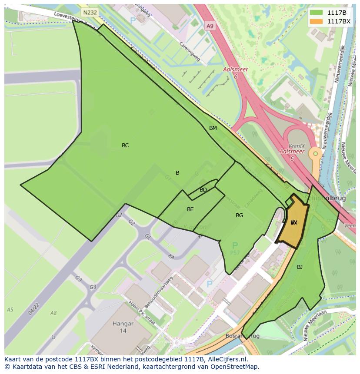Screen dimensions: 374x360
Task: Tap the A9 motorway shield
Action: pyautogui.click(x=210, y=26)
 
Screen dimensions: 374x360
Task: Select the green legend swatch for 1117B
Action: pyautogui.click(x=316, y=13)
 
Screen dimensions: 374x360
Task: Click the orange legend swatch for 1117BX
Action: pyautogui.click(x=316, y=21)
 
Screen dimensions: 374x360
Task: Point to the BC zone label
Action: pyautogui.click(x=125, y=146)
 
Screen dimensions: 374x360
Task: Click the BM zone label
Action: pyautogui.click(x=213, y=128)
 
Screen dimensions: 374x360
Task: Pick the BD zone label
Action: pyautogui.click(x=203, y=190)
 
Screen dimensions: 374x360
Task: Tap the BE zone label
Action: pyautogui.click(x=190, y=209)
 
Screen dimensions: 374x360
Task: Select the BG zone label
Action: pyautogui.click(x=239, y=215)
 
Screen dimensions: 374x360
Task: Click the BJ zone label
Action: pyautogui.click(x=300, y=267)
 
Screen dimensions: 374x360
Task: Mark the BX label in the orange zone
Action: pyautogui.click(x=294, y=222)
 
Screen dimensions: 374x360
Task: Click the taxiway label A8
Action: pyautogui.click(x=53, y=313)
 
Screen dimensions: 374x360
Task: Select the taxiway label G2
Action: pyautogui.click(x=132, y=223)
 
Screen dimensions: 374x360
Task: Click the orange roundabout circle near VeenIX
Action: pyautogui.click(x=315, y=153)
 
